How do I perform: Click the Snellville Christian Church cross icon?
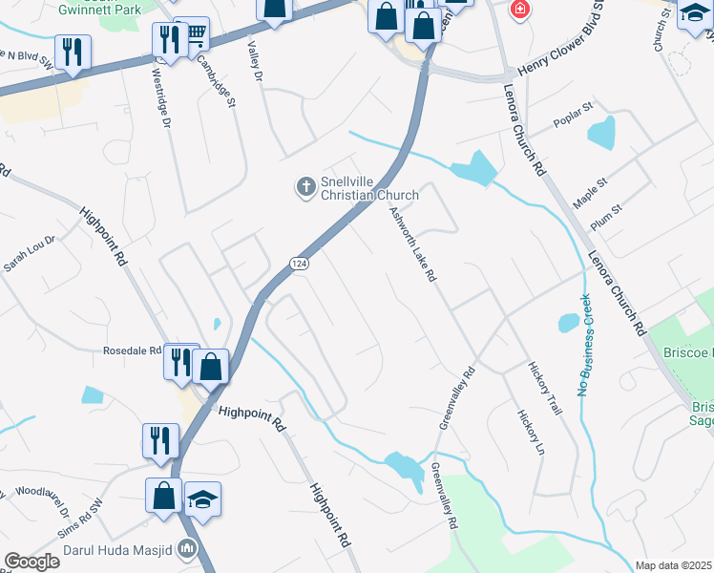point(306,187)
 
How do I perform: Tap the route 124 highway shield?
point(299,263)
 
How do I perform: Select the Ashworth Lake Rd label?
point(412,245)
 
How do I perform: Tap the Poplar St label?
point(573,124)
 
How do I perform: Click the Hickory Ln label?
point(531,433)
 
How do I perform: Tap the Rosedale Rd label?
point(132,351)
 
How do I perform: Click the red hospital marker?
point(519,11)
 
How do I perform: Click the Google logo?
point(31,562)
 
